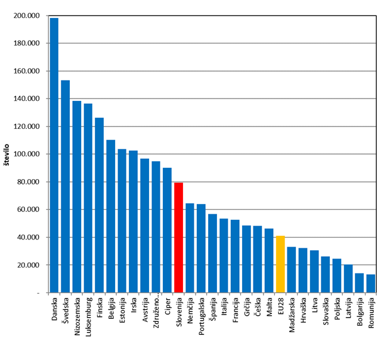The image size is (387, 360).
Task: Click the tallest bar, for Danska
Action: click(x=54, y=155)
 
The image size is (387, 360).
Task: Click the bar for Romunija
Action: click(x=370, y=284)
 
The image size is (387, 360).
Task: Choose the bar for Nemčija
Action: click(x=190, y=248)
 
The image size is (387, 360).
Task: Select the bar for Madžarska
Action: click(x=291, y=270)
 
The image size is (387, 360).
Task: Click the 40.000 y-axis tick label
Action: click(x=27, y=237)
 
